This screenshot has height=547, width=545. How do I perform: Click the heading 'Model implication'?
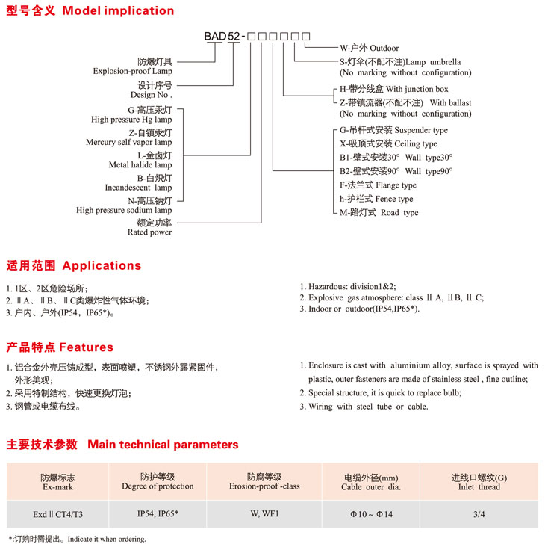[x=118, y=11]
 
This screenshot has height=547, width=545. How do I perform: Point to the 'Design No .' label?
[x=151, y=96]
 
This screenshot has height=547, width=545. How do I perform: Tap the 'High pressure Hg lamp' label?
[x=131, y=120]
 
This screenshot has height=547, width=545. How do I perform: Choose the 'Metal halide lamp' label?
[x=140, y=165]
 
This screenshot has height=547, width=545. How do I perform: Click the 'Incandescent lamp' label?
[x=138, y=188]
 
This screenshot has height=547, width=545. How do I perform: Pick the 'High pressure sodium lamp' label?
[x=124, y=211]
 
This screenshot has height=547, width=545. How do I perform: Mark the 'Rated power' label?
[x=150, y=232]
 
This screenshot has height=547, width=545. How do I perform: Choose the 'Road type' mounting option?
[x=399, y=213]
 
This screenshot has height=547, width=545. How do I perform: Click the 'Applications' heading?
[x=102, y=265]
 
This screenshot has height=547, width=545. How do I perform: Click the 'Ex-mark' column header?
[x=57, y=486]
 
